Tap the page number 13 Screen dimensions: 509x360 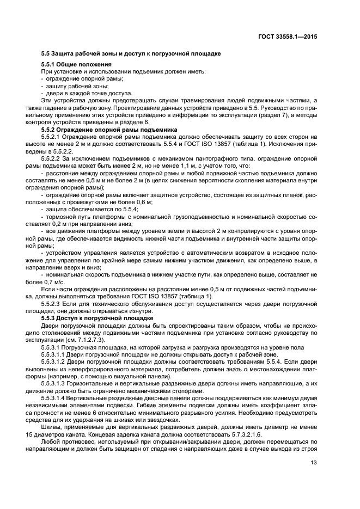(x=313, y=464)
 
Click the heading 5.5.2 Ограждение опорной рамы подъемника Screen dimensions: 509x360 (x=109, y=130)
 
